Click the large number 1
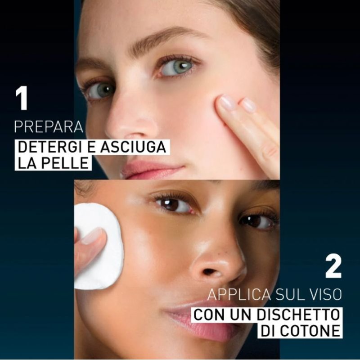point(22,98)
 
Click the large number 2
point(333,266)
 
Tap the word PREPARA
point(49,126)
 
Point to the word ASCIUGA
point(133,147)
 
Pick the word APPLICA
point(239,294)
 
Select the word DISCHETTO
point(298,315)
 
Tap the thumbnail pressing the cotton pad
point(92,235)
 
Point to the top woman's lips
point(152,170)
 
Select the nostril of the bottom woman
point(210,272)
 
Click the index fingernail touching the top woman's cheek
point(227,103)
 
